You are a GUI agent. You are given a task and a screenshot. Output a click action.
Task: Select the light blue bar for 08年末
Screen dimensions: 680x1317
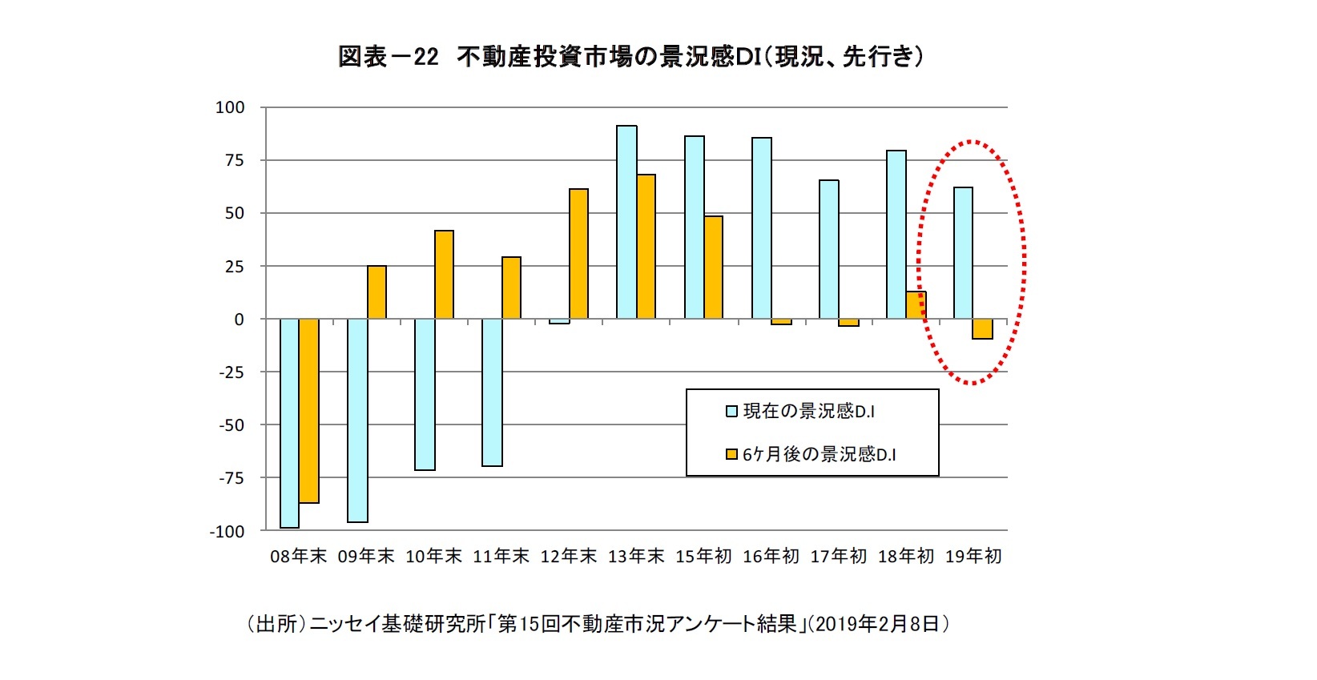[x=289, y=423]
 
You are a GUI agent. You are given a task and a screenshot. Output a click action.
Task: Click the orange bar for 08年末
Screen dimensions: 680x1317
[x=309, y=410]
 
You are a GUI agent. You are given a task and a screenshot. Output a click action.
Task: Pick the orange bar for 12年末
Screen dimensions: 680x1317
[x=578, y=254]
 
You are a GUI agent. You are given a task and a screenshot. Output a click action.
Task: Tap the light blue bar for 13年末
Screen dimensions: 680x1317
[x=626, y=222]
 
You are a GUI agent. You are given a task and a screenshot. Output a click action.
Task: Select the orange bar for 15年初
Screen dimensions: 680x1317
[x=713, y=268]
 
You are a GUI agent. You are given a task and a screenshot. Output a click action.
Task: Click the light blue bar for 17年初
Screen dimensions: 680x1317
[x=829, y=249]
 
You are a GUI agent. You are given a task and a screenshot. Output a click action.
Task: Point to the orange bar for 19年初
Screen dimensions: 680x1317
[x=983, y=328]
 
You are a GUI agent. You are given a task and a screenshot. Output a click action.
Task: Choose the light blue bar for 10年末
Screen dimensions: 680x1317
[x=425, y=394]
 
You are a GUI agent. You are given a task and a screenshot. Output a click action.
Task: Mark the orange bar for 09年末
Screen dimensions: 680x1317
[x=377, y=292]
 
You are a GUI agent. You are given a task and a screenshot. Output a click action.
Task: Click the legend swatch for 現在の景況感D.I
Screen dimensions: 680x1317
[x=731, y=412]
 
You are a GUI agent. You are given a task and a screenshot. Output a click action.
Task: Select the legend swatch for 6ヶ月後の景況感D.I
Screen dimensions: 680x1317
[x=731, y=455]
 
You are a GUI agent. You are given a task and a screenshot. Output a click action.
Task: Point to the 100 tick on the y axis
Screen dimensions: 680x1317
[x=229, y=107]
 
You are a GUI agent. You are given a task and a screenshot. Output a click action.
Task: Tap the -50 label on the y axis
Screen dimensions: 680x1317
[x=231, y=425]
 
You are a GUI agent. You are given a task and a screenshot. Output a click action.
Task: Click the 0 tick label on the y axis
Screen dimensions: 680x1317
[x=239, y=320]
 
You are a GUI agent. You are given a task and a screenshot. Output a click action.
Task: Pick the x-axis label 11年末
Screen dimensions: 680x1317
[x=501, y=557]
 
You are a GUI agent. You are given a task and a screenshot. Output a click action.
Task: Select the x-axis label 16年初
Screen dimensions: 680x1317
[x=771, y=557]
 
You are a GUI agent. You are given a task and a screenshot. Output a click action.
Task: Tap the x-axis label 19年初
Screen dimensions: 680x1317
[x=973, y=557]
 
